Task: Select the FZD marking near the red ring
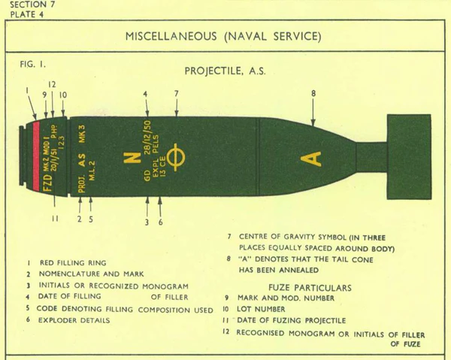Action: pyautogui.click(x=47, y=183)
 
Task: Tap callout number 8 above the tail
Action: pyautogui.click(x=313, y=93)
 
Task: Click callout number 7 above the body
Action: pyautogui.click(x=177, y=93)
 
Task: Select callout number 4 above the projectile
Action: pyautogui.click(x=146, y=93)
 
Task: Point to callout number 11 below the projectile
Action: pyautogui.click(x=54, y=219)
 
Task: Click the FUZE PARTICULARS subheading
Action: pyautogui.click(x=308, y=287)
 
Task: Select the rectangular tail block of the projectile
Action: pyautogui.click(x=408, y=156)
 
